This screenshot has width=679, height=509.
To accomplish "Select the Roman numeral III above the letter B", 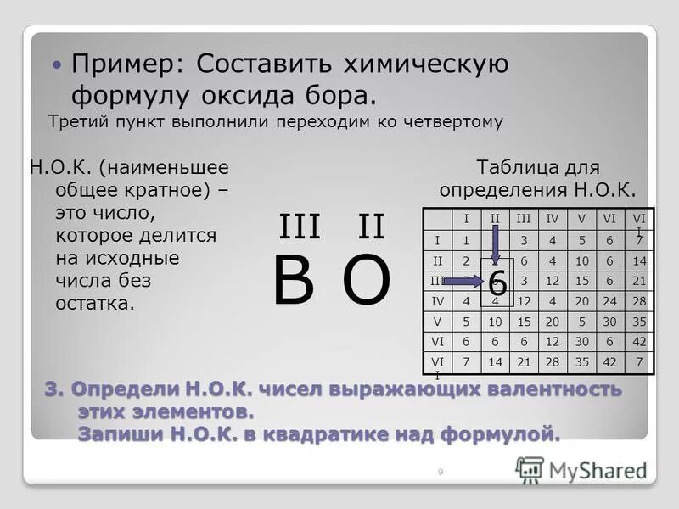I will [300, 227].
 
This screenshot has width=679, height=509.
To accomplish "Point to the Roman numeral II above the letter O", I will [371, 227].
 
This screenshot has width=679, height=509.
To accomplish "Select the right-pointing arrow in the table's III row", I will [462, 281].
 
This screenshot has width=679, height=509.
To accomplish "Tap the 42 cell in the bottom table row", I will [609, 361].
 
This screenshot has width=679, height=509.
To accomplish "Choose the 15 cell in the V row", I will [523, 321].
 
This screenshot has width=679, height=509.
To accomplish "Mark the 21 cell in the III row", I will [638, 281].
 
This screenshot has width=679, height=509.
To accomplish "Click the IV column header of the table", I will [552, 219].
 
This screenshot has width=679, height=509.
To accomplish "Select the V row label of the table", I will [438, 321].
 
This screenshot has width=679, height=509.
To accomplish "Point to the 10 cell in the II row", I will [581, 260].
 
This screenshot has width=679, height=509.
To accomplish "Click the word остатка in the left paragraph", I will [95, 304].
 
